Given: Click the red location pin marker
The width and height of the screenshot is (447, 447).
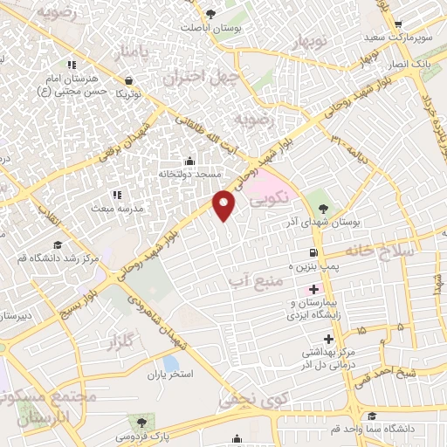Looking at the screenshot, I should [225, 206].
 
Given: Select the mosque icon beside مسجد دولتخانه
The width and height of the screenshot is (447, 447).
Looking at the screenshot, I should [190, 161].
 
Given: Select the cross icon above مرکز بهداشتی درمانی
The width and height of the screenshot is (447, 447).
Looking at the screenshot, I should [328, 339].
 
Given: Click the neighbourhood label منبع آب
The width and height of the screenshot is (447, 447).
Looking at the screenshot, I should [255, 280].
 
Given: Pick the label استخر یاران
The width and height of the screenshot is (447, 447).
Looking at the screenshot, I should [168, 374].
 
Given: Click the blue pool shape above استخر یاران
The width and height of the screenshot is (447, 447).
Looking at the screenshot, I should [171, 362].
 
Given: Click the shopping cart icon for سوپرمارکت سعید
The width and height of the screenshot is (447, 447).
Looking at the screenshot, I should [398, 24].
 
